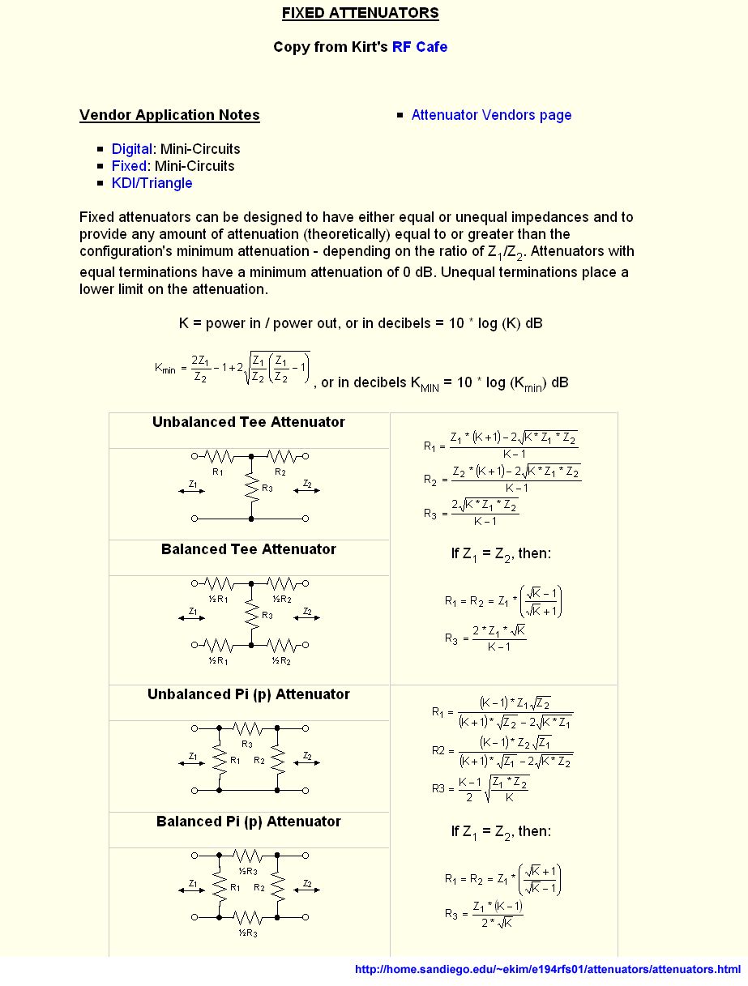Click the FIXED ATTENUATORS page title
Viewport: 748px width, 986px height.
pos(360,13)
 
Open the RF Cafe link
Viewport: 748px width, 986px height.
pos(419,47)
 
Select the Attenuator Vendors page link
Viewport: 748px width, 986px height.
pos(491,115)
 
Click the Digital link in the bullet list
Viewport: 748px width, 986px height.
pos(131,149)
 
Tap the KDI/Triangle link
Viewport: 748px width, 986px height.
pos(152,183)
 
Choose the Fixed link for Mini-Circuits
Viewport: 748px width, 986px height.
pos(129,166)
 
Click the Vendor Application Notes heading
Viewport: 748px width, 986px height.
pos(169,115)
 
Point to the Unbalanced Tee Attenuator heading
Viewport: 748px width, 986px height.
pos(248,422)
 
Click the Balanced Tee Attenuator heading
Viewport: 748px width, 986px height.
pos(248,549)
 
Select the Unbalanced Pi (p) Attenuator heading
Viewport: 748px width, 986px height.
pos(248,694)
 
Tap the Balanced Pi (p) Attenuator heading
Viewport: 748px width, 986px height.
pos(248,822)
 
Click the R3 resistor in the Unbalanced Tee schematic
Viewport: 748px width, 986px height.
pos(252,489)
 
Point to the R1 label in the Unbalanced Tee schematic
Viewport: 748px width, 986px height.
pos(217,471)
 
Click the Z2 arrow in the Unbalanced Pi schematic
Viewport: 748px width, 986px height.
pos(307,761)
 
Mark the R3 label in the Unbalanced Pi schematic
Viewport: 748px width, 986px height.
pos(247,743)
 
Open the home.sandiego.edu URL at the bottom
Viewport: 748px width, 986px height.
pos(548,969)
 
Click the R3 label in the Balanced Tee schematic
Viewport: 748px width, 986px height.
pos(267,615)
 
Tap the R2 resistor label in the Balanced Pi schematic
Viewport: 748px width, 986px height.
pos(259,887)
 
